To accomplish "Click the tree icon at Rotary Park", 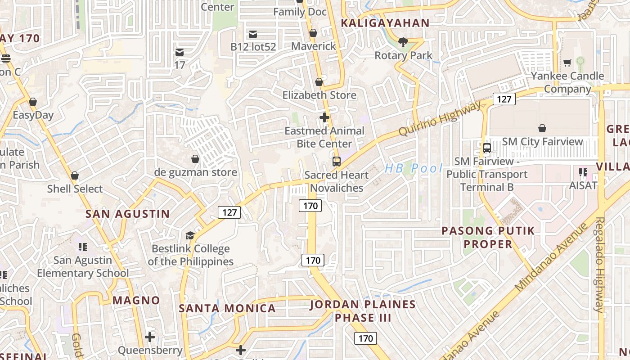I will point(403,42).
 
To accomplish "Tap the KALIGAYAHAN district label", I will point(385,23).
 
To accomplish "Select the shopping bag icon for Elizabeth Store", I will point(319,82).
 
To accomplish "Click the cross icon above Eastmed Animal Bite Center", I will point(324,117).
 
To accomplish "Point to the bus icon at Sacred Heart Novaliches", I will point(336,162).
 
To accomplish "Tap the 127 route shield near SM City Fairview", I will point(504,99).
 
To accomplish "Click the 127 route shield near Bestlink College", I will point(229,212).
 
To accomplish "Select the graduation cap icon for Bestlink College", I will point(190,235).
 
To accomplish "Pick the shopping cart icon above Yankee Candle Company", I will point(567,63).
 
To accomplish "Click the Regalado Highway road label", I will point(600,265).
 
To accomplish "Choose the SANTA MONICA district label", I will point(227,308).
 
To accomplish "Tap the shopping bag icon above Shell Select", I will point(75,175).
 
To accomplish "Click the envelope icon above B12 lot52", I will point(253,34).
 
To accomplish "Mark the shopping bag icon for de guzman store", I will point(195,159).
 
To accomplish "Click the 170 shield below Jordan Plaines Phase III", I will point(365,338).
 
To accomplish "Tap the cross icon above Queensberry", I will point(150,337).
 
